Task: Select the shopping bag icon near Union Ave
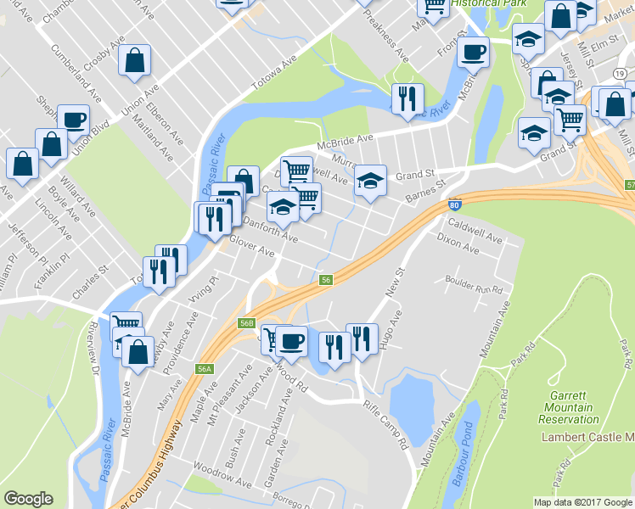(x=136, y=60)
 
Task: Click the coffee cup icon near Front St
(x=473, y=53)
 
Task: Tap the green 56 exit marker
(x=324, y=280)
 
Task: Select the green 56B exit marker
(x=247, y=323)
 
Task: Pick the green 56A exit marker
(x=204, y=369)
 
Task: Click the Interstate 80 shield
(x=454, y=204)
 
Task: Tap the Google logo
(x=28, y=499)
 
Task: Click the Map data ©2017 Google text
(x=582, y=502)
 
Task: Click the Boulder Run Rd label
(x=474, y=284)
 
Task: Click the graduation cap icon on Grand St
(x=369, y=180)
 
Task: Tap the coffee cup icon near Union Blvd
(x=73, y=120)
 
